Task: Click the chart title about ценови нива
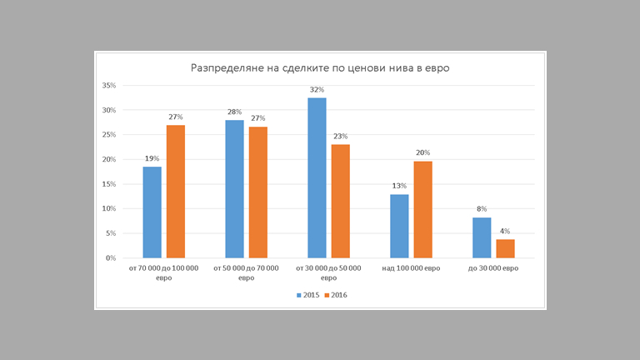[320, 68]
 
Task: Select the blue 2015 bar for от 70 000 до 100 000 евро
[152, 212]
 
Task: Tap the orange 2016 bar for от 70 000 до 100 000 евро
[175, 192]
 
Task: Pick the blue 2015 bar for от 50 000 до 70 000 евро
[234, 189]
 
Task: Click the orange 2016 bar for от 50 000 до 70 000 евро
[257, 192]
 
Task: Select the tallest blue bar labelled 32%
[317, 178]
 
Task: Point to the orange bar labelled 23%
[340, 201]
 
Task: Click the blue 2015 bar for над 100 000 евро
[399, 226]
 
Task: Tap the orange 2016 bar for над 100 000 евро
[422, 209]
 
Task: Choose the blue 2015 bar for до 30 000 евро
[482, 237]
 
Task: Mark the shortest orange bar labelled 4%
[505, 248]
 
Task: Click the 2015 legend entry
[307, 295]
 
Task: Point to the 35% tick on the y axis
[108, 86]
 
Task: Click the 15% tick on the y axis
[108, 184]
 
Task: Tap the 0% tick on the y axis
[110, 258]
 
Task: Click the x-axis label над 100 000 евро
[411, 268]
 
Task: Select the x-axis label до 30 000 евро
[493, 268]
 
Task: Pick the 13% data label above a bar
[399, 186]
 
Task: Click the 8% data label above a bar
[482, 209]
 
